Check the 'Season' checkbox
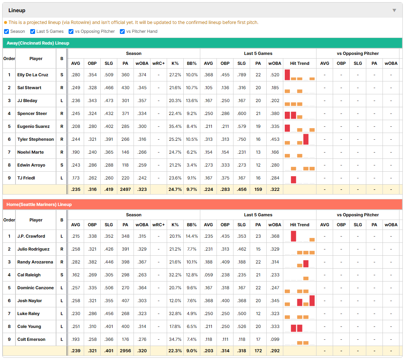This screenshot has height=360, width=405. tap(7, 31)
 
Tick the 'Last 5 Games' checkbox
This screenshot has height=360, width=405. tap(32, 31)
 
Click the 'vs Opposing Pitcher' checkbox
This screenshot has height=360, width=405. tap(71, 31)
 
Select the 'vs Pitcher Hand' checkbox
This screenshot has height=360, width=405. tap(122, 31)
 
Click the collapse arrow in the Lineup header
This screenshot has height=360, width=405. tap(394, 10)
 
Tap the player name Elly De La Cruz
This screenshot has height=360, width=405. tap(33, 75)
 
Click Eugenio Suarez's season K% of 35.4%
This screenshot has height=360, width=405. tap(175, 126)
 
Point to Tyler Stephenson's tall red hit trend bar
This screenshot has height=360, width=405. tap(306, 139)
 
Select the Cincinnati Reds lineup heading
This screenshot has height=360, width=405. tap(38, 43)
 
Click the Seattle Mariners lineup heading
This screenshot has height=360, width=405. tap(39, 205)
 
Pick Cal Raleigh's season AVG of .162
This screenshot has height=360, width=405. tap(76, 275)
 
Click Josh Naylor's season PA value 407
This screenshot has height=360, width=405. tap(125, 301)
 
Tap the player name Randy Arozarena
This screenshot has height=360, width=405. tap(35, 262)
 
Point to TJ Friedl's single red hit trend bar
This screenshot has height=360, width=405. tap(293, 179)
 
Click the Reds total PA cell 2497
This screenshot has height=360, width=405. tap(125, 189)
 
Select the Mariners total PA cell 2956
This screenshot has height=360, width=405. tap(125, 351)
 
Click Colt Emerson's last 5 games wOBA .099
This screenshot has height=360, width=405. tap(275, 339)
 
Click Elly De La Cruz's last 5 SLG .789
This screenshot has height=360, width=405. tap(242, 75)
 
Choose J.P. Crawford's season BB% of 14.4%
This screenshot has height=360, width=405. tap(192, 236)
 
